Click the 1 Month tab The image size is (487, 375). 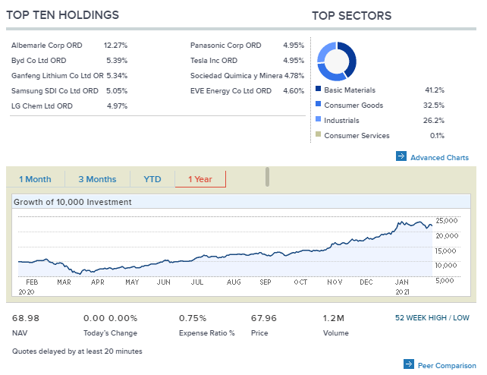(35, 179)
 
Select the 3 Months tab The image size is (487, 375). (97, 179)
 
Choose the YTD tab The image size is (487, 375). (152, 179)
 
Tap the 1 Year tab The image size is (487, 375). (200, 179)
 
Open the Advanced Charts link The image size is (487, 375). (439, 158)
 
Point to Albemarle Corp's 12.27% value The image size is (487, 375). (115, 46)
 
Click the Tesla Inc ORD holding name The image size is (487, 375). (214, 61)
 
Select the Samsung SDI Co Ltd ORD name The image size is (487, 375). (55, 91)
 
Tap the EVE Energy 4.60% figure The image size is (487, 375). (294, 91)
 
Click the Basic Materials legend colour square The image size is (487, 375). (319, 90)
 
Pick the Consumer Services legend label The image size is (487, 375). (357, 136)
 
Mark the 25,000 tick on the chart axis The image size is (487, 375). (446, 220)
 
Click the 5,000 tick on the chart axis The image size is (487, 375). (446, 280)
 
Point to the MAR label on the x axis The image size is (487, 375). (64, 282)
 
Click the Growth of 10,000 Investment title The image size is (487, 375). (72, 202)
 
